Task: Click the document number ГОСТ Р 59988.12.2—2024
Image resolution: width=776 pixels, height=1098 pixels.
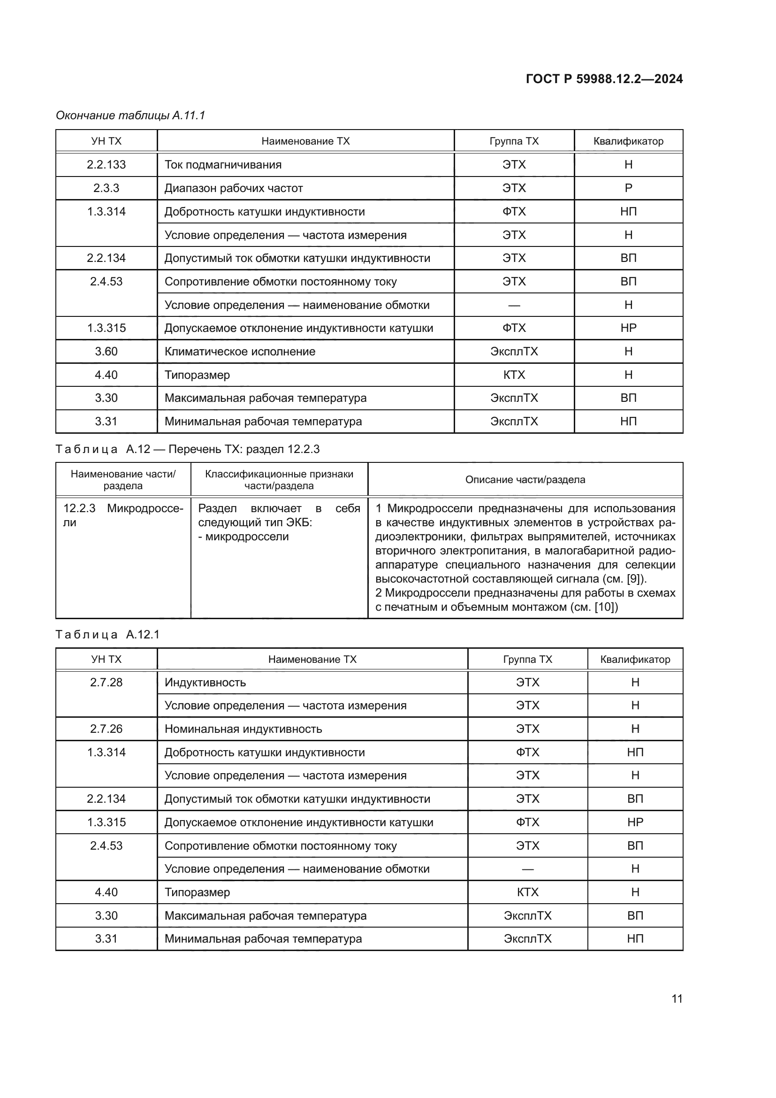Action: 604,79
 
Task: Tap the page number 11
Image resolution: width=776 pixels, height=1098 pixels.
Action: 677,998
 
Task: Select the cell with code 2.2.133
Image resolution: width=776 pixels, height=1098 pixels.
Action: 106,164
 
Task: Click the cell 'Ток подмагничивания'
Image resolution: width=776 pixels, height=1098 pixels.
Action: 223,165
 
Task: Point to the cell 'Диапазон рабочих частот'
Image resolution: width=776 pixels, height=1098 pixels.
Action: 234,188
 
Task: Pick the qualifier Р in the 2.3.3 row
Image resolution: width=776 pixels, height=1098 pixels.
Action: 628,188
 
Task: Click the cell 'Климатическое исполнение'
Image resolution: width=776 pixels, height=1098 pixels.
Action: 240,352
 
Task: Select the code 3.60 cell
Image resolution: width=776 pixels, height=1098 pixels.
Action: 106,352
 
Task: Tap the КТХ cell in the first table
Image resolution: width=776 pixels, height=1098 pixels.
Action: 514,375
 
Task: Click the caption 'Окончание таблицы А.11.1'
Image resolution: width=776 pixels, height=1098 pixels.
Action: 130,115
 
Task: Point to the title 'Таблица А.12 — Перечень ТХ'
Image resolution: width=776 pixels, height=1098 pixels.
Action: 187,449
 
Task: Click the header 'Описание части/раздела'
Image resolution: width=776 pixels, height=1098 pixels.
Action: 525,480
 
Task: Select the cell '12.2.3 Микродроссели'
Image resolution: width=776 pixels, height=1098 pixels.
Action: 123,515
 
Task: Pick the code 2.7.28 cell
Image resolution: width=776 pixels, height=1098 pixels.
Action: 106,683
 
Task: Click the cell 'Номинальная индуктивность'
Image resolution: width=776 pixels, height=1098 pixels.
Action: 243,729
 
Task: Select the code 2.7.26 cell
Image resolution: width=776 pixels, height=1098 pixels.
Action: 106,729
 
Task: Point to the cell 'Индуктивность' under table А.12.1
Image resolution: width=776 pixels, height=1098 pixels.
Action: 205,683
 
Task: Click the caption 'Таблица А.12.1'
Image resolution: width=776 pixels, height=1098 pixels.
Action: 107,635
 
